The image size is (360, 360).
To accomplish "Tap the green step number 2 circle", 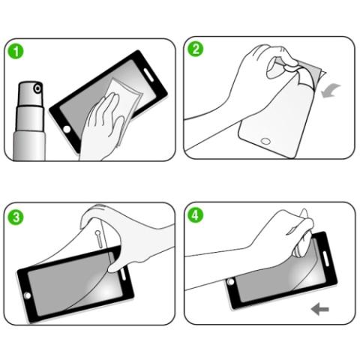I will [x=197, y=50].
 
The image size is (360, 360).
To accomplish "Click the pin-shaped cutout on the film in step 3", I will [x=101, y=238].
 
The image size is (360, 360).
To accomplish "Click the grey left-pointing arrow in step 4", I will [x=320, y=308].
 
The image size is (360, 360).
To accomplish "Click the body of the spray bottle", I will [x=30, y=135].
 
